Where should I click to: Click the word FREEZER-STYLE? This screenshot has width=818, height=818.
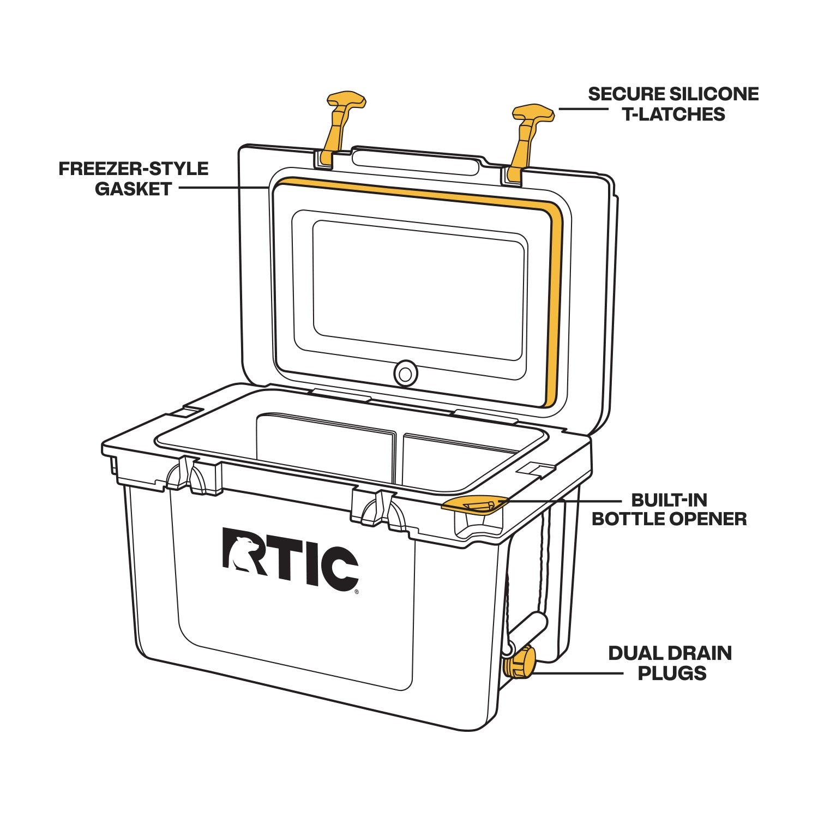pyautogui.click(x=134, y=169)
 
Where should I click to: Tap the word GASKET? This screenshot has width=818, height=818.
pyautogui.click(x=134, y=189)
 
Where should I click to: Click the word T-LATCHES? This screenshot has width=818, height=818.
pyautogui.click(x=674, y=114)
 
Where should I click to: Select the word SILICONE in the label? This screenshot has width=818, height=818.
pyautogui.click(x=714, y=94)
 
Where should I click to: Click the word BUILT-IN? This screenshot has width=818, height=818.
pyautogui.click(x=669, y=500)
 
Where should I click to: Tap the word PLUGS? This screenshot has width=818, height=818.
pyautogui.click(x=672, y=673)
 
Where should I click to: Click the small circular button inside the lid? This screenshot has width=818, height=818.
pyautogui.click(x=405, y=374)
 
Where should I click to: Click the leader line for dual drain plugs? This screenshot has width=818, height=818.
pyautogui.click(x=578, y=673)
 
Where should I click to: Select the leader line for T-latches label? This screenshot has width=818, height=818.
pyautogui.click(x=582, y=109)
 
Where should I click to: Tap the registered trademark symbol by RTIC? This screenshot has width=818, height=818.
pyautogui.click(x=357, y=591)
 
